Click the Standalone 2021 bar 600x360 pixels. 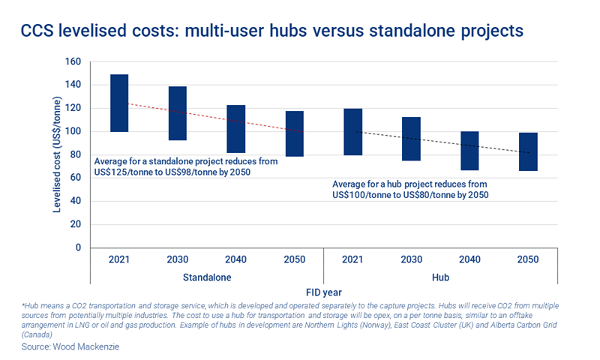click(x=119, y=103)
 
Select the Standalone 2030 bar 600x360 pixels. click(x=178, y=113)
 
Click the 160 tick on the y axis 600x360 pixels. click(x=73, y=62)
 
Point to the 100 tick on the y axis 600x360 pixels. click(x=73, y=132)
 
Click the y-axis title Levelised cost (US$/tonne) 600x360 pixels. click(x=57, y=154)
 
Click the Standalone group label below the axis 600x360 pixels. click(x=206, y=277)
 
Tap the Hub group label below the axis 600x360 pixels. click(x=441, y=277)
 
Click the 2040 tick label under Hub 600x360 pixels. click(x=470, y=259)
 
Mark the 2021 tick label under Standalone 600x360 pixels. click(x=119, y=259)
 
